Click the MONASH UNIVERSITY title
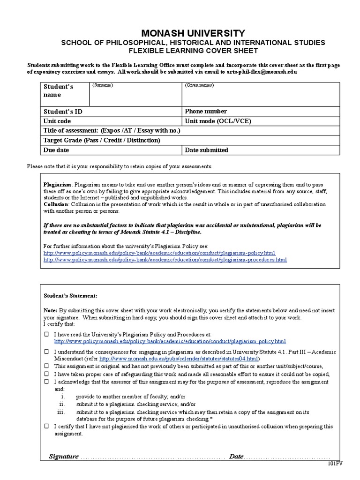point(193,33)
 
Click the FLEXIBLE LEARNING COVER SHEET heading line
point(193,51)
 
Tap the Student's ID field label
point(63,112)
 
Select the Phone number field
point(206,112)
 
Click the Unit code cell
point(57,121)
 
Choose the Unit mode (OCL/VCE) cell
point(218,121)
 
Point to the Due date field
point(56,150)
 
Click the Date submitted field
point(207,150)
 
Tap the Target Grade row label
point(102,140)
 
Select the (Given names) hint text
point(199,85)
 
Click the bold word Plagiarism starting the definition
point(58,185)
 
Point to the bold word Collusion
point(56,204)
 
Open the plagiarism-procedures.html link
point(165,259)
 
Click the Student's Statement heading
point(71,296)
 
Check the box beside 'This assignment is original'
point(46,366)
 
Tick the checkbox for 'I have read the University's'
point(46,335)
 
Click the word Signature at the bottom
point(64,457)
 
